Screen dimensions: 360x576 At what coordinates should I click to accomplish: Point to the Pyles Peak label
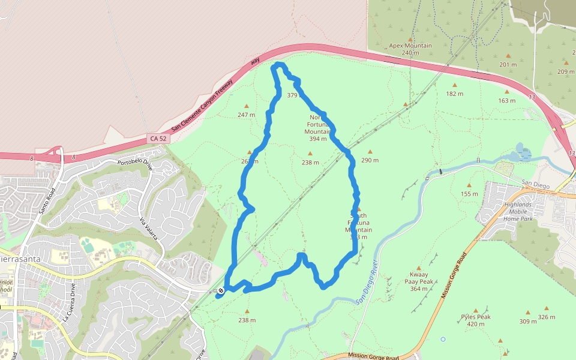[476, 320]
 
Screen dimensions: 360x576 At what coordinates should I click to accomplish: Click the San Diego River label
[367, 281]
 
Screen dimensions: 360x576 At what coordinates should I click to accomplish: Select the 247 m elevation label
[246, 115]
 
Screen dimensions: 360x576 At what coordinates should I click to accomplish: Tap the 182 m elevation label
[455, 94]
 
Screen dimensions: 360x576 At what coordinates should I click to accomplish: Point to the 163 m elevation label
[507, 101]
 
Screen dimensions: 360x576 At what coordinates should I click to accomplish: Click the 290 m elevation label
[370, 161]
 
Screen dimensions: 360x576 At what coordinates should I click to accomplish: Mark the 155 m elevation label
[469, 194]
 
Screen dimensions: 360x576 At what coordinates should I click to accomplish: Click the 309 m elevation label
[528, 322]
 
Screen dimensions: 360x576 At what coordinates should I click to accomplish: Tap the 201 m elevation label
[508, 65]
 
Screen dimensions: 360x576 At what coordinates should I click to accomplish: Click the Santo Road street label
[47, 200]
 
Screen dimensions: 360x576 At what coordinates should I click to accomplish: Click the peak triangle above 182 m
[454, 85]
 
